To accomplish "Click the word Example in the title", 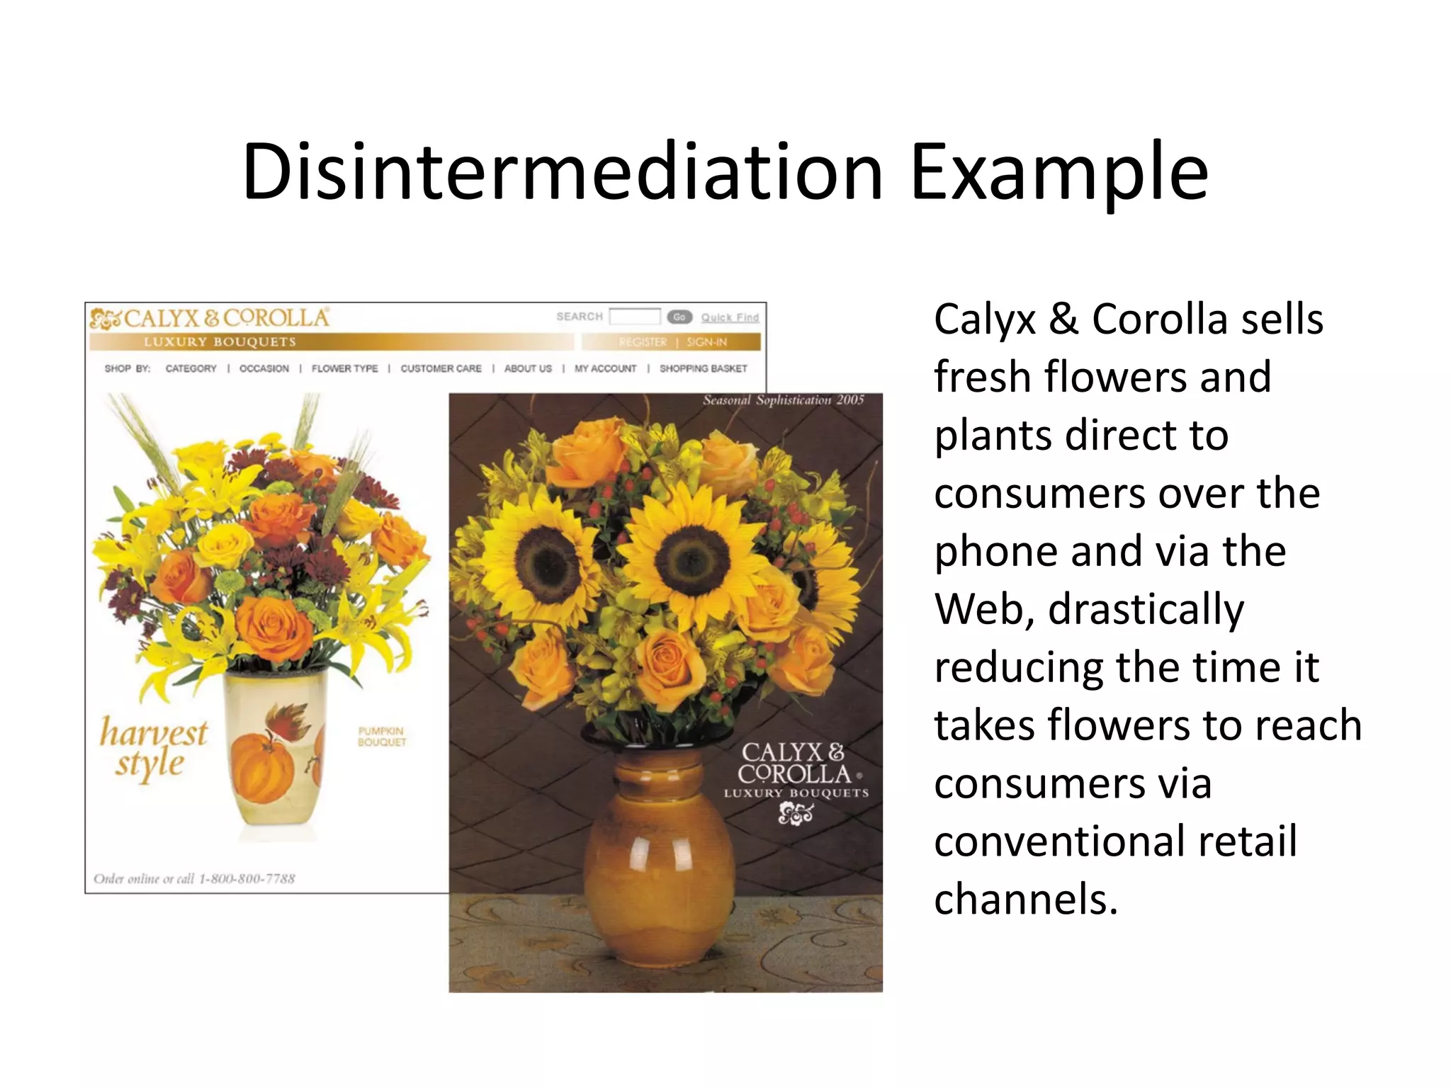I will click(1058, 172).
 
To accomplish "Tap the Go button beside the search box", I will click(679, 317).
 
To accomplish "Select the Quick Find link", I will click(730, 317).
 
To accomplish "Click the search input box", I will click(635, 317).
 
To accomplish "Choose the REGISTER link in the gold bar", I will click(643, 342).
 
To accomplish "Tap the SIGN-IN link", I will click(706, 342).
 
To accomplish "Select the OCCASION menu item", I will click(264, 368).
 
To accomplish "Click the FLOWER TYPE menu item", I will click(344, 368).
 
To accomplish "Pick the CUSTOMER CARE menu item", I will click(441, 368).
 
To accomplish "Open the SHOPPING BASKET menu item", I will click(703, 368).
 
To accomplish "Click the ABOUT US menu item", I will click(528, 368).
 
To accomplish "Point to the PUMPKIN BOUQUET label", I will click(382, 737).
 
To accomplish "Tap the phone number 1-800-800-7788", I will click(247, 879).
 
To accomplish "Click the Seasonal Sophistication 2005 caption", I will click(783, 400).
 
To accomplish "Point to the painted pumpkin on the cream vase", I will click(262, 769).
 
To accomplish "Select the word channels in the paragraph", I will click(1024, 900).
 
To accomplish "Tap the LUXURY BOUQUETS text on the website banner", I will click(220, 342).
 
